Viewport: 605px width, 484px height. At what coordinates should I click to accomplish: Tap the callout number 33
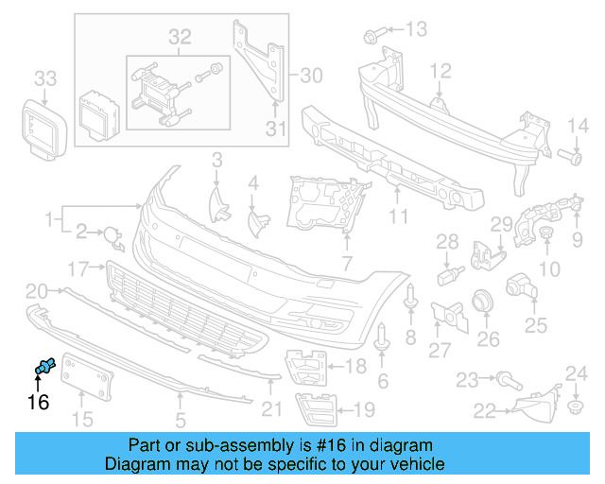click(x=44, y=78)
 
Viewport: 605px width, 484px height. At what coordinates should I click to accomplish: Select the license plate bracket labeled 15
click(x=87, y=385)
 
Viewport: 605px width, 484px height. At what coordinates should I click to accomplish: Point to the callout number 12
click(x=441, y=70)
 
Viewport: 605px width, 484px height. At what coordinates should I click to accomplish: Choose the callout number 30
click(x=311, y=72)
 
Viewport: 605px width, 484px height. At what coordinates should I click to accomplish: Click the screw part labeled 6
click(x=382, y=339)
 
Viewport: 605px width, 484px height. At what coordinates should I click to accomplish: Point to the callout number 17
click(x=78, y=268)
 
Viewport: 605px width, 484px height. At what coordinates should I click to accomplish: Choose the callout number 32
click(x=180, y=37)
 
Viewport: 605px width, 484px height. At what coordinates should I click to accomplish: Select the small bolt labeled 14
click(x=573, y=155)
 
